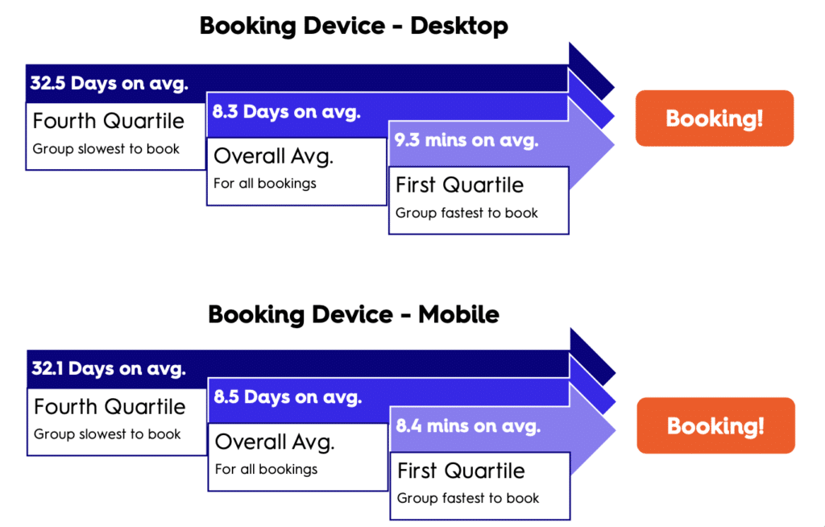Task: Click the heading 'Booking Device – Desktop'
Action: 354,27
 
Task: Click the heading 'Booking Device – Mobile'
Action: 354,315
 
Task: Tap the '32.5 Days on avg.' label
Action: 109,83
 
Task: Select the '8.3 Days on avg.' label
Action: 286,112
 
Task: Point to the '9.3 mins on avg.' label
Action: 466,140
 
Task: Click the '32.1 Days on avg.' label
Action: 109,368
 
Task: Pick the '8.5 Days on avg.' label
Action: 288,397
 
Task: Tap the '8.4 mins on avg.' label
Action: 468,425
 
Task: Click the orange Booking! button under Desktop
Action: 715,118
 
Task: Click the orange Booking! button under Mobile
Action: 715,425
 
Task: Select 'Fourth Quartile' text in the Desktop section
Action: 109,121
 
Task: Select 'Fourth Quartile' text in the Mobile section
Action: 110,406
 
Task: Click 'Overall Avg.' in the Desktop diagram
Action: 274,156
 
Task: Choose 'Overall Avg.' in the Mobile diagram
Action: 275,442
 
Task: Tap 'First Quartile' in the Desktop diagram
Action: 459,185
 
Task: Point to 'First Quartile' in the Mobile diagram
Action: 461,471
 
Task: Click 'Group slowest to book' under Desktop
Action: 106,149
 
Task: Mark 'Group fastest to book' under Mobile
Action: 468,498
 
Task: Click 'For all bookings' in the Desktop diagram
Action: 264,184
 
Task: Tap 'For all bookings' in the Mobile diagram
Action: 266,470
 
